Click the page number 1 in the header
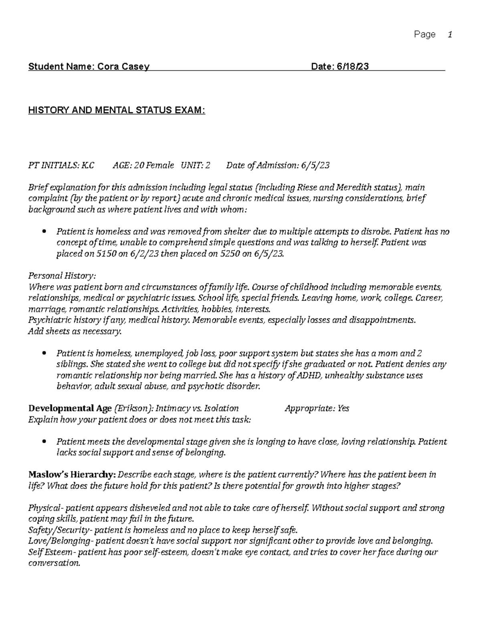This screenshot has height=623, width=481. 450,35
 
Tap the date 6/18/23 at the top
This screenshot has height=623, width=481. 354,67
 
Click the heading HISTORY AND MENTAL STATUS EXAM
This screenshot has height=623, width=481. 116,111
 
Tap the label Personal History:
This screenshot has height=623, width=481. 62,276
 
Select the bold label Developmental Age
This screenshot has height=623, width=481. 70,408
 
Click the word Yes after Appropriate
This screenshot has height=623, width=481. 343,408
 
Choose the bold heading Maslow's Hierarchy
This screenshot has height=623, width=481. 72,475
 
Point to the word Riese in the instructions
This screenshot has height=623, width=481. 307,187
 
